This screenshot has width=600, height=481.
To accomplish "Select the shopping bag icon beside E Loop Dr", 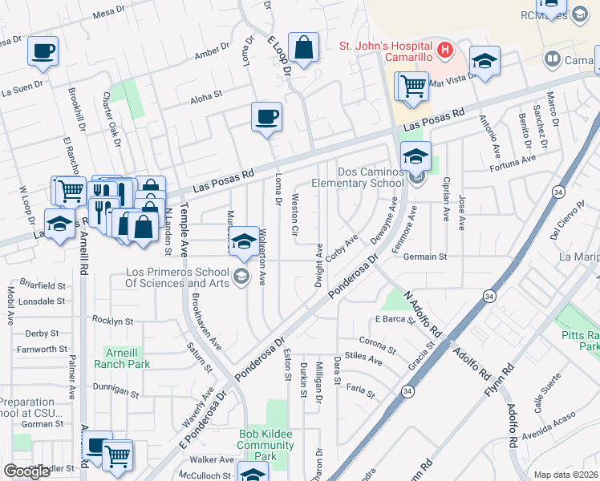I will point(304,48).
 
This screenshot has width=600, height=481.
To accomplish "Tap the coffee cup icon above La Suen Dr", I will point(43,51).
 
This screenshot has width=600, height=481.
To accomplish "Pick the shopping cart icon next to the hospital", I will point(412,84).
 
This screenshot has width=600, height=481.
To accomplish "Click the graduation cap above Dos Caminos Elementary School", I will point(416,156).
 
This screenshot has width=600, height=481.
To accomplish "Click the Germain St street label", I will point(424,257).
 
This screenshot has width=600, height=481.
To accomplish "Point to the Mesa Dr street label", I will point(110,14).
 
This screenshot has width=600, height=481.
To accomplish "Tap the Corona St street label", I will point(379,346).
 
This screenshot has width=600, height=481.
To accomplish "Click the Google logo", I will point(27,471).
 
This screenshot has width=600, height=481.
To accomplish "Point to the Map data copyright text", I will point(566,475).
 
